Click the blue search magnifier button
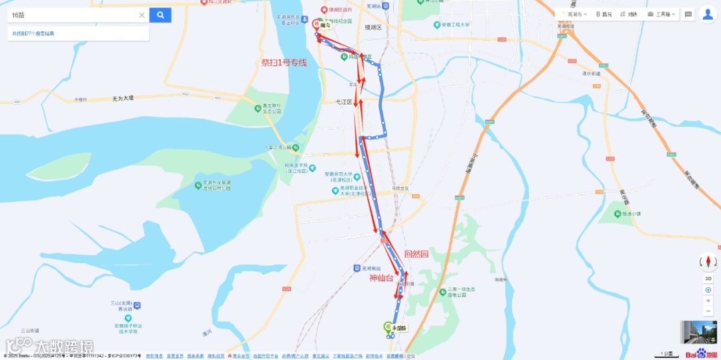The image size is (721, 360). (x=160, y=15)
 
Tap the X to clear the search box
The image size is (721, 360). (x=142, y=15)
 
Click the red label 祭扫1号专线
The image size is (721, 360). (x=284, y=63)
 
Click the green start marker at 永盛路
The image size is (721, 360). (x=387, y=327)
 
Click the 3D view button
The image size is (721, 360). (x=708, y=279)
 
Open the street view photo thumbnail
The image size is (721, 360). (x=693, y=332)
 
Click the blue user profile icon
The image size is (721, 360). (x=708, y=14)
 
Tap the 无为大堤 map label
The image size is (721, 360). (x=123, y=98)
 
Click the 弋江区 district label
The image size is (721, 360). (x=344, y=102)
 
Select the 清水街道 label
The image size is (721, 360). (x=591, y=73)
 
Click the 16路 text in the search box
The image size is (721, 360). (x=17, y=15)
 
